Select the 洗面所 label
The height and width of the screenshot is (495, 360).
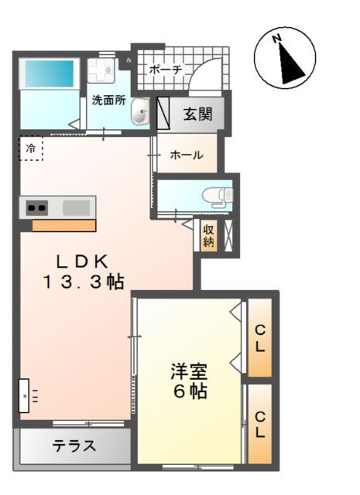click(108, 100)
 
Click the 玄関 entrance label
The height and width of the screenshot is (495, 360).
click(198, 114)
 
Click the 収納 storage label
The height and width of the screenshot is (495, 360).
click(208, 234)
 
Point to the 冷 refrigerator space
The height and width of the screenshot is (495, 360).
click(31, 148)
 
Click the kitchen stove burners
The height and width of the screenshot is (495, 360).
click(36, 207)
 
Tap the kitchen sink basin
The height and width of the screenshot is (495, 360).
click(76, 207)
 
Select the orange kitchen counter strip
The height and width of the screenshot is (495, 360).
click(63, 225)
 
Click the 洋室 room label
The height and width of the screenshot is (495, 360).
click(189, 370)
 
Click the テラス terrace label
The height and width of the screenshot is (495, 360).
click(74, 445)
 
